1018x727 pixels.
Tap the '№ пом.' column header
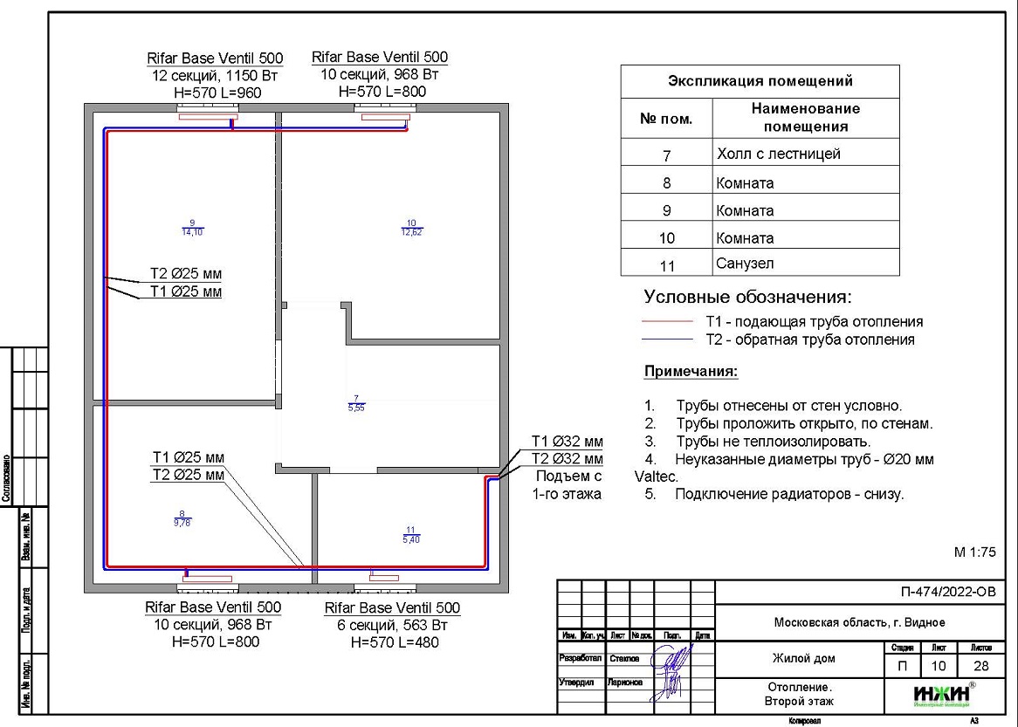(x=666, y=119)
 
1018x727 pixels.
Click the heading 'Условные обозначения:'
(x=747, y=297)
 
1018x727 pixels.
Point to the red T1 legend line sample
(x=669, y=322)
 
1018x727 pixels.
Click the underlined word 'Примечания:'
(x=691, y=372)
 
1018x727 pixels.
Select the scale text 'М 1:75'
(x=974, y=552)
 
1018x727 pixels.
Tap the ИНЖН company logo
(x=942, y=694)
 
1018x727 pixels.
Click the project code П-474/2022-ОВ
(x=947, y=593)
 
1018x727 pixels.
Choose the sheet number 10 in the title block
(x=939, y=666)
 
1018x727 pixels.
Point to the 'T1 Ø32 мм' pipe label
(x=567, y=442)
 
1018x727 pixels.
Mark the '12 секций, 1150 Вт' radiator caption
(x=215, y=76)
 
